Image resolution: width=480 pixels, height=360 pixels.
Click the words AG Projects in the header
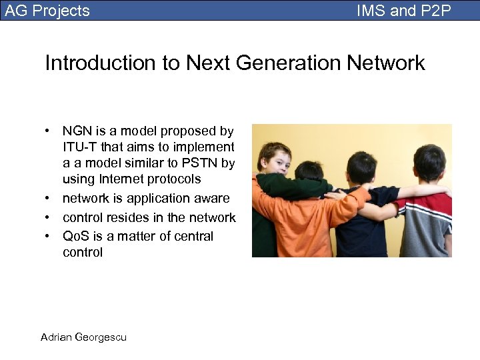47,11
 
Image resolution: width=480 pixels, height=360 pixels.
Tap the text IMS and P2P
404,11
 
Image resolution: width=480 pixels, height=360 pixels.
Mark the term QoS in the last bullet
75,237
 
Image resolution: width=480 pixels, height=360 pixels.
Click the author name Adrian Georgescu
83,337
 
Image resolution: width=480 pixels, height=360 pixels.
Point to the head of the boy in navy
362,168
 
